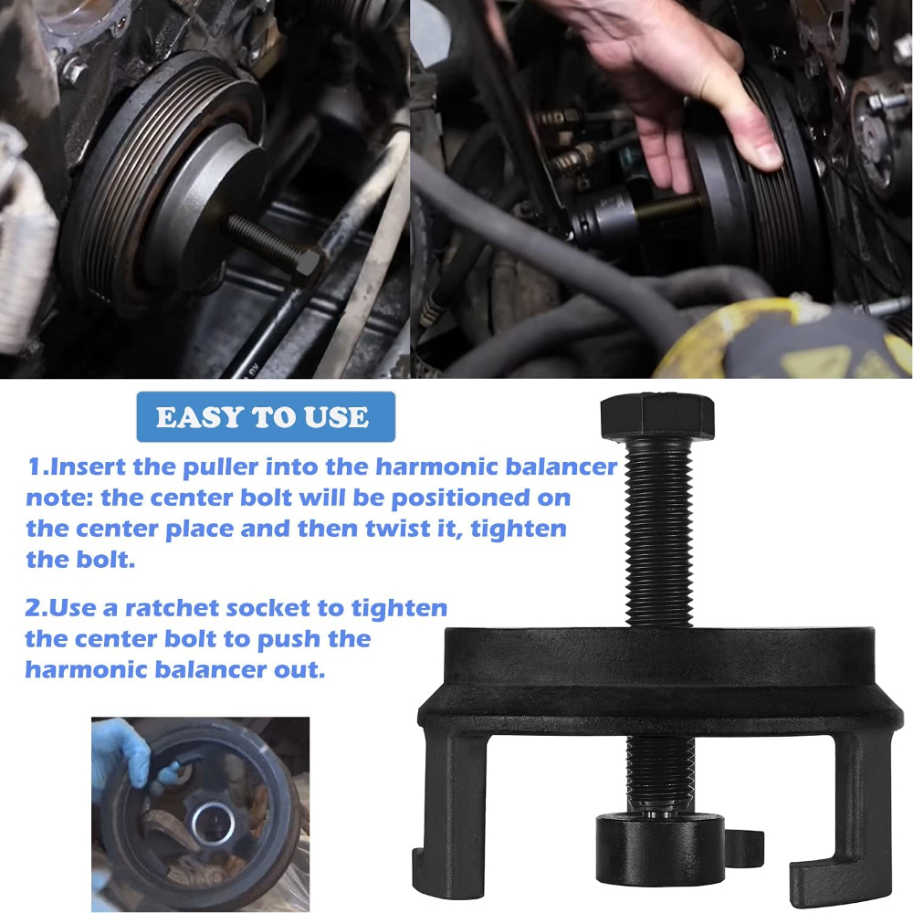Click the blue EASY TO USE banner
[x=264, y=417]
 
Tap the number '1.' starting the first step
[x=37, y=467]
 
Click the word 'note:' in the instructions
[x=59, y=498]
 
